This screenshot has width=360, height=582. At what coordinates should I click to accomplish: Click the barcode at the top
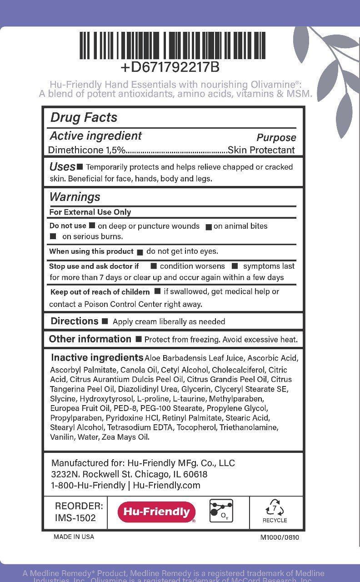[172, 45]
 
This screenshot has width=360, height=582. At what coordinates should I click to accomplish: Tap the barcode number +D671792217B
[170, 67]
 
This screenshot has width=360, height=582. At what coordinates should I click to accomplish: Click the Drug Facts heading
[84, 117]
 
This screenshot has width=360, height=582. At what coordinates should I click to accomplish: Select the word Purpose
[276, 137]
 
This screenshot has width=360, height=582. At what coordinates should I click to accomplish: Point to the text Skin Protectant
[261, 150]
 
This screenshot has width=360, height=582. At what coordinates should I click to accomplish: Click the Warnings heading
[75, 197]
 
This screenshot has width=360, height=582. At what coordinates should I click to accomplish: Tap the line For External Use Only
[90, 212]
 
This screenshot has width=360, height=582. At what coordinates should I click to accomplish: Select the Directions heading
[75, 321]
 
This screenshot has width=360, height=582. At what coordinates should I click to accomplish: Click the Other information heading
[90, 339]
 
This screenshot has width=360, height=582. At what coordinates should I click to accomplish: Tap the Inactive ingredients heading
[97, 357]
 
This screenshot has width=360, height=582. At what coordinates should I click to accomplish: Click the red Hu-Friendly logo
[156, 512]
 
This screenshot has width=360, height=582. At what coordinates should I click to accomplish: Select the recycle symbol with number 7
[275, 508]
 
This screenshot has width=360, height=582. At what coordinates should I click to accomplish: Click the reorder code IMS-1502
[75, 517]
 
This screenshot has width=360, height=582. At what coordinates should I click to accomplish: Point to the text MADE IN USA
[74, 537]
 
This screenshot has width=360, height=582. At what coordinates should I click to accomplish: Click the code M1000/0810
[280, 537]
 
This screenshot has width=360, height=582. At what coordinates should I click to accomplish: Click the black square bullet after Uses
[80, 167]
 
